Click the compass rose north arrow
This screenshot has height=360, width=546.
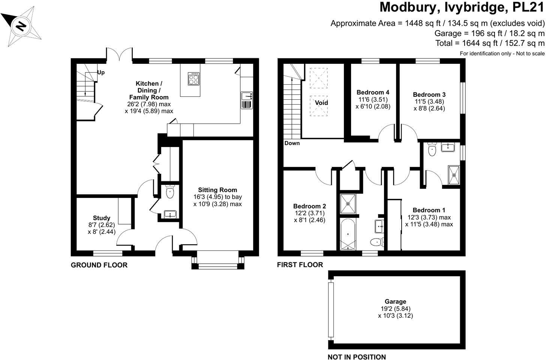pos(21,26)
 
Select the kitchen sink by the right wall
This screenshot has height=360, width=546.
pos(247,100)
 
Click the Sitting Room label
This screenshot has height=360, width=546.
pos(217,190)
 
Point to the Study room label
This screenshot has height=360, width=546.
pos(102,218)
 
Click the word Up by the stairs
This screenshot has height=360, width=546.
pos(101,72)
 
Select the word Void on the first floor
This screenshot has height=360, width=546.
pos(321,102)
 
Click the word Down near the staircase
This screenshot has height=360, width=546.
pos(292,143)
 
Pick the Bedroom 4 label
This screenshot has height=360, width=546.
pos(373,92)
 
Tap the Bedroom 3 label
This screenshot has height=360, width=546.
pos(429,95)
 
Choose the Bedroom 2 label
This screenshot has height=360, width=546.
pos(309,206)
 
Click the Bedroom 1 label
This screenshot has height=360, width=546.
pos(429,210)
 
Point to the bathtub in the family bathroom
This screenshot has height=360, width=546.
pos(349,235)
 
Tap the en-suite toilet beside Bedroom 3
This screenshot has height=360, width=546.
pos(432,150)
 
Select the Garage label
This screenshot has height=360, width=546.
pos(395,301)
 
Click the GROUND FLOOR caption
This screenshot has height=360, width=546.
pos(99,265)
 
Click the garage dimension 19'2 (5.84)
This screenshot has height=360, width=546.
pos(395,309)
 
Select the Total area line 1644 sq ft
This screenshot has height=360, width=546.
pos(490,43)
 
